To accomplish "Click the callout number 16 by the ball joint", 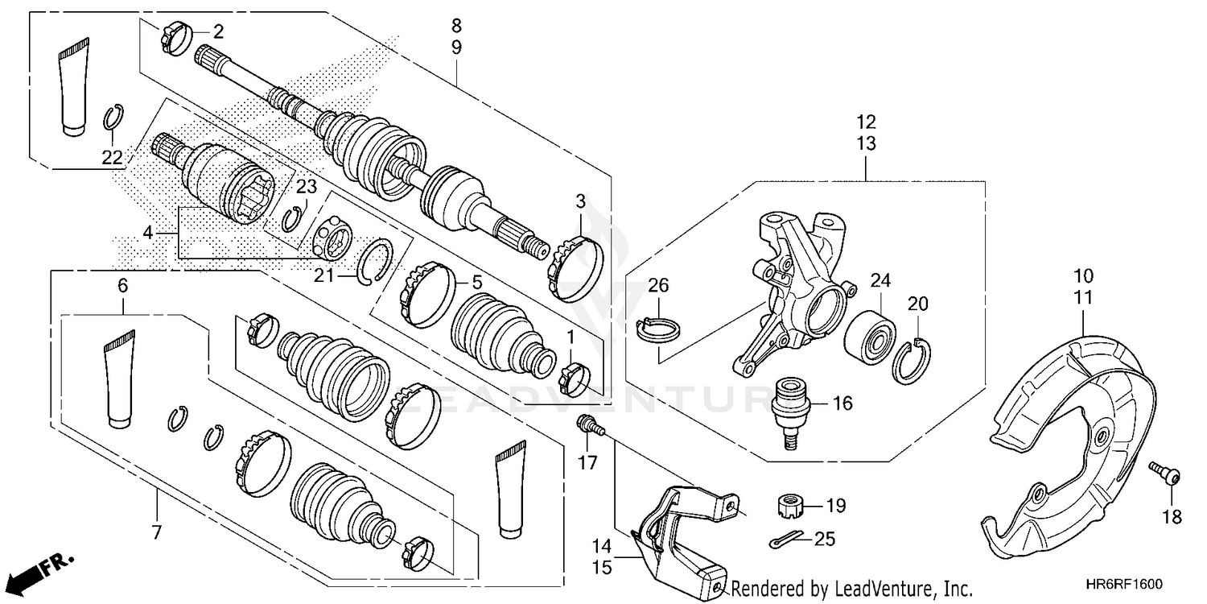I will coord(842,403).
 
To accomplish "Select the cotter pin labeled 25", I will coord(787,540).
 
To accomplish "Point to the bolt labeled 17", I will coord(589,424).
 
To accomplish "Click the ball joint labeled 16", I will coord(789,408).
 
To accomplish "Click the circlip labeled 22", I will coord(112,119).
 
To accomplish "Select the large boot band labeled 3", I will coord(577,259).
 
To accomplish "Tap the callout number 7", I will coord(156,532).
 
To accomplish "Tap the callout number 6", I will coord(122,285).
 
